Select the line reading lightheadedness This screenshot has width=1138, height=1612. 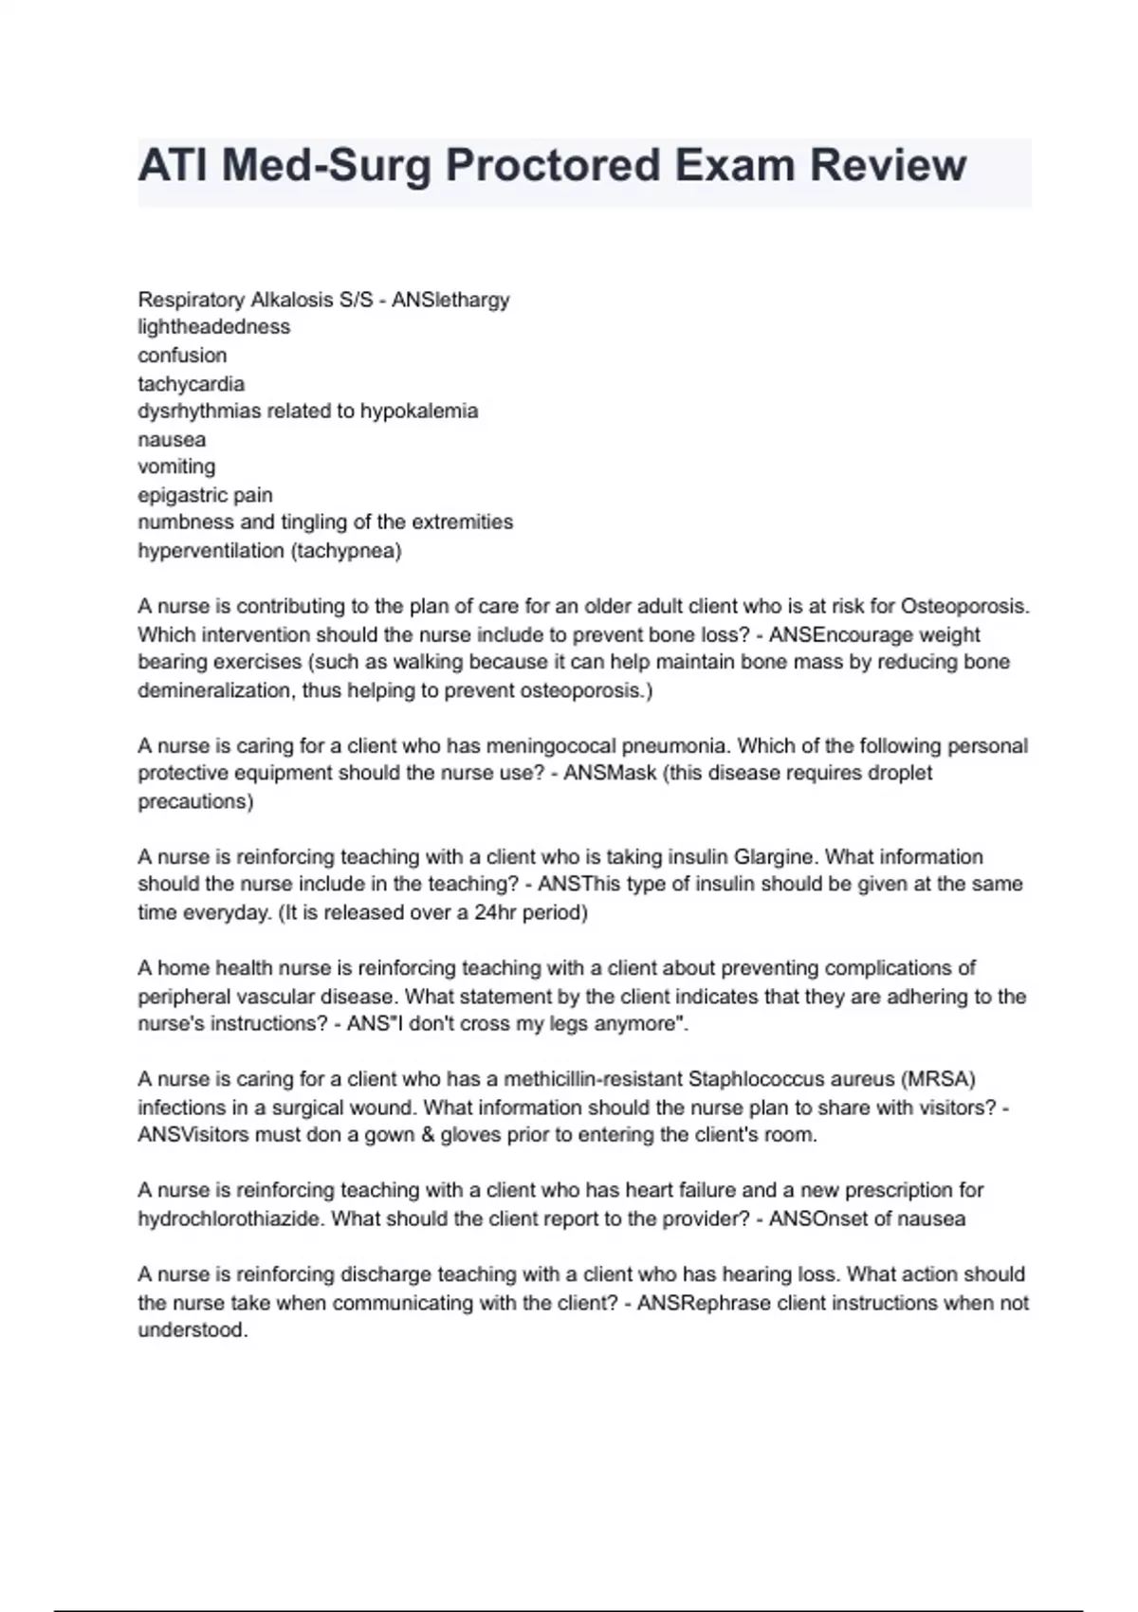(214, 327)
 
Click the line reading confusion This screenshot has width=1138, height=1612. (182, 356)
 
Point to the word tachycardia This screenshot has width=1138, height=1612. (191, 384)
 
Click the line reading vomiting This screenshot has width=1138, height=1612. (176, 467)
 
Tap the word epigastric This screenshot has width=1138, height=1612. (181, 495)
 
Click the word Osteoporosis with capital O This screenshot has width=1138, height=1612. (964, 606)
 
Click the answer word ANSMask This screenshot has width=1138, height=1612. (610, 773)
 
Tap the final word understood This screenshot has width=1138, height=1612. (193, 1330)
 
